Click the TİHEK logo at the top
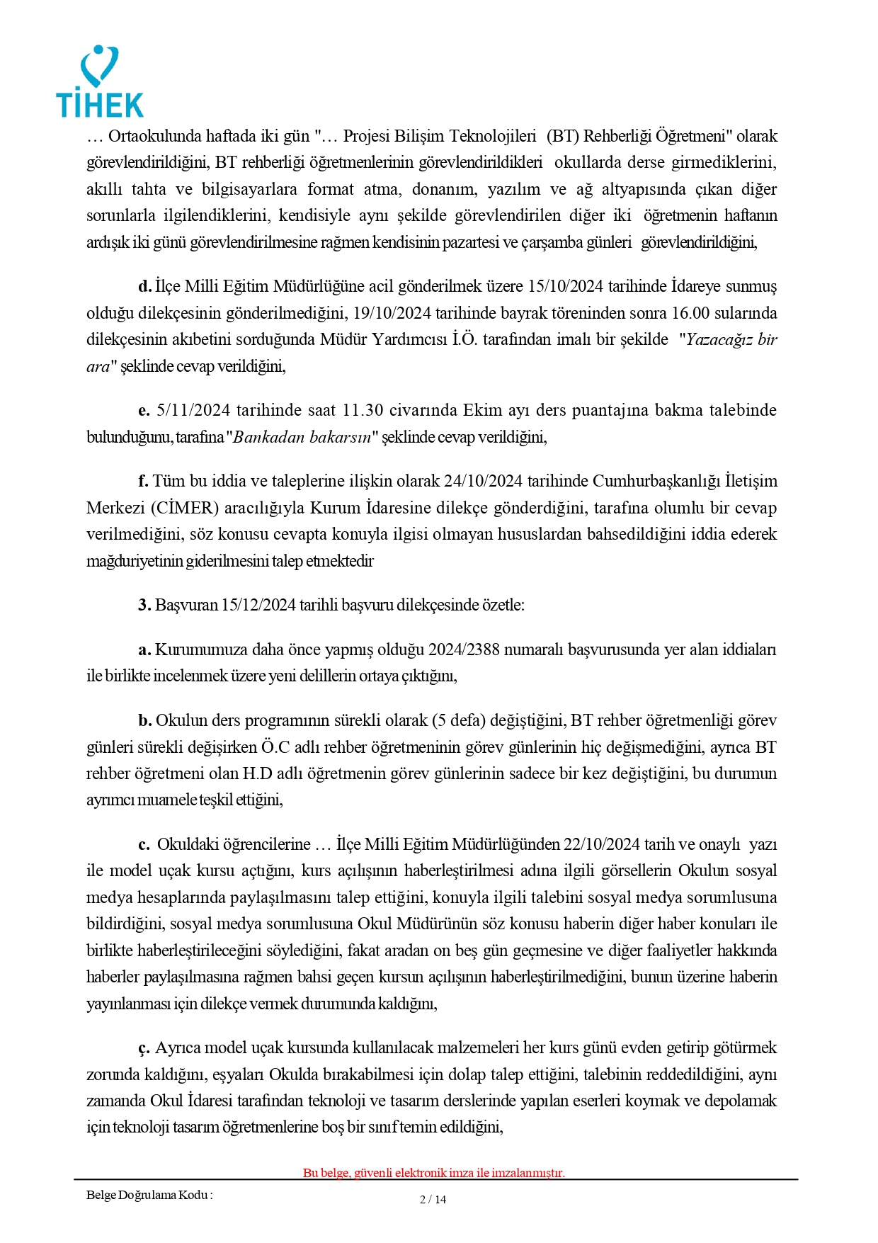coord(100,82)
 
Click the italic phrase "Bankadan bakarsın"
coord(302,437)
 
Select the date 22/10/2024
coord(601,844)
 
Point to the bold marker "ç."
coord(144,1048)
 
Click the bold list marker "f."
coord(143,481)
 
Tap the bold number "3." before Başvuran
coord(144,605)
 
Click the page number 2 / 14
coord(433,1199)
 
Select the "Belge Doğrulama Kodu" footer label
coord(149,1195)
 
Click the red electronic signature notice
coord(433,1172)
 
